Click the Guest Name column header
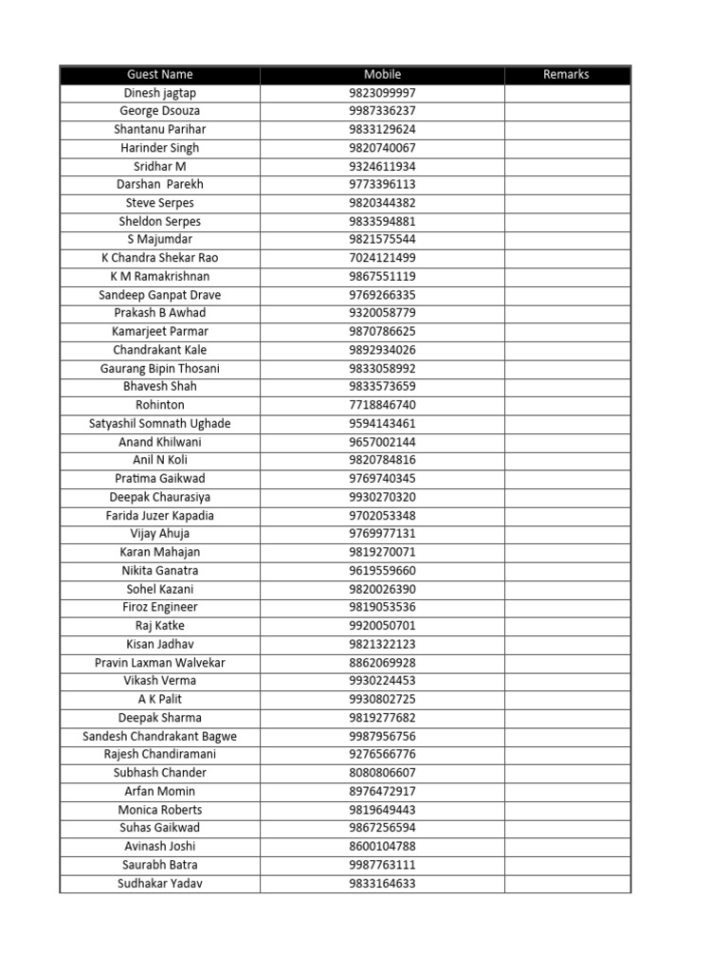tap(159, 74)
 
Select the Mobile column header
tap(382, 74)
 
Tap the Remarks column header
tap(566, 74)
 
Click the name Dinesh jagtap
tap(160, 93)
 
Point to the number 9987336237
tap(382, 111)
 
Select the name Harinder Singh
tap(160, 148)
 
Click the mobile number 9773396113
tap(382, 184)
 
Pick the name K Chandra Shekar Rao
tap(160, 258)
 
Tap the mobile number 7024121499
tap(382, 258)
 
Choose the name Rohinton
tap(160, 405)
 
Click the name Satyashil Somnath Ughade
tap(160, 423)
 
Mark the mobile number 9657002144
tap(382, 442)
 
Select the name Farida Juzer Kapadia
tap(160, 516)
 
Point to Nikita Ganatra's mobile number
tap(382, 571)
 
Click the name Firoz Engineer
tap(160, 607)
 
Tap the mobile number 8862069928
tap(382, 663)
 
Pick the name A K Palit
tap(160, 699)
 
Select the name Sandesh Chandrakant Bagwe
tap(160, 736)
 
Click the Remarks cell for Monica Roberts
tap(567, 810)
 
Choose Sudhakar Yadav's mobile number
tap(382, 884)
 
